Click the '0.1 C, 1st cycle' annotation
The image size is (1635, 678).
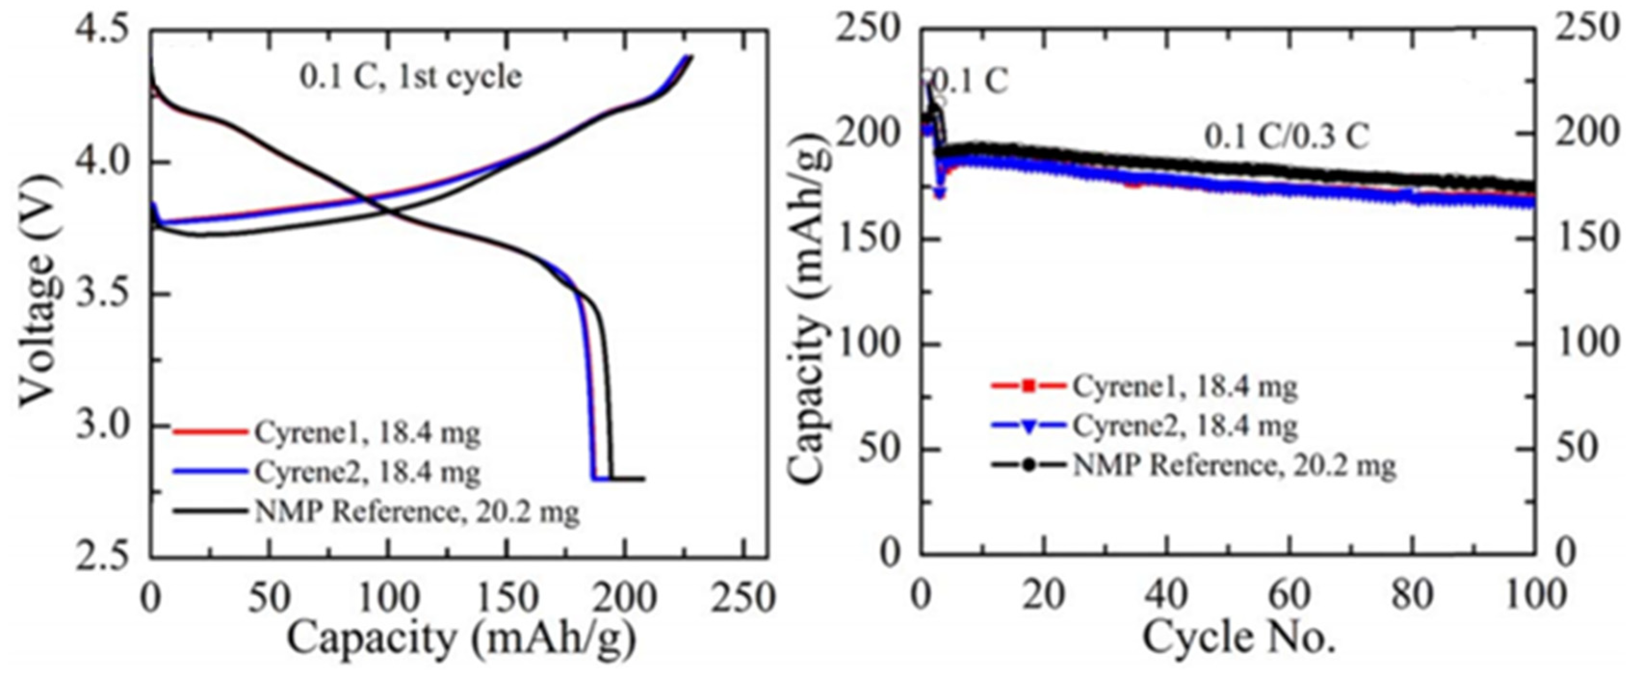point(411,78)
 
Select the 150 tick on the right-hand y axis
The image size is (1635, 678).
point(1581,239)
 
